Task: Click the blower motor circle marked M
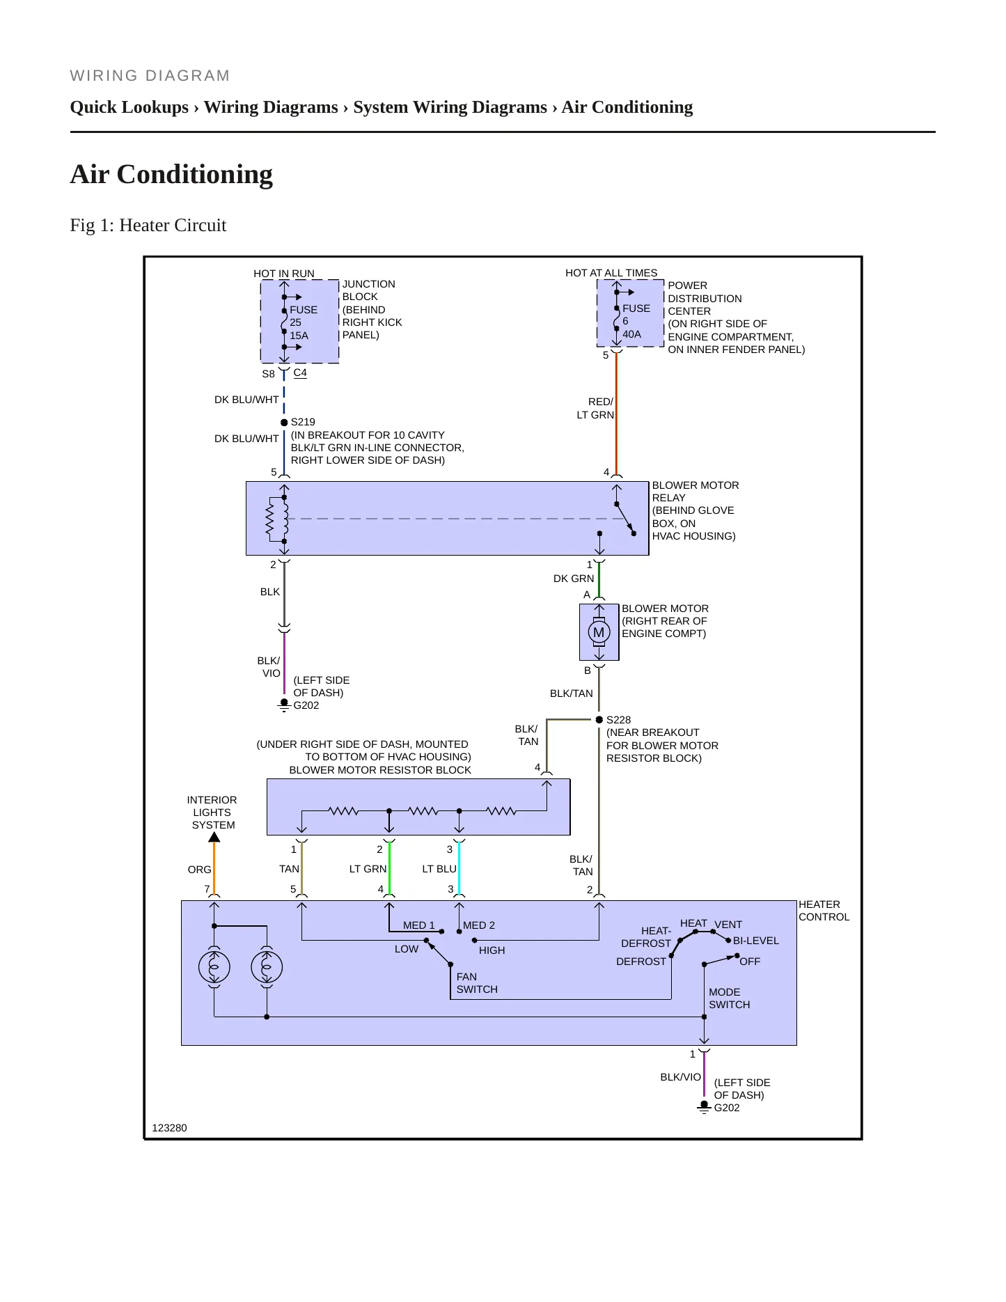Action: tap(599, 632)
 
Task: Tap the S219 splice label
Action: tap(303, 422)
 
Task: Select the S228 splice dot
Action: tap(599, 719)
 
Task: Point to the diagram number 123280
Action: tap(169, 1128)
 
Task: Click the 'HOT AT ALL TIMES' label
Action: tap(611, 273)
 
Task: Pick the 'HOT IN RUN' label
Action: tap(284, 274)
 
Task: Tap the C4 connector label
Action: tap(300, 372)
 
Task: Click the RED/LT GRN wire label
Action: tap(596, 408)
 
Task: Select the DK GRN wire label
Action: tap(574, 579)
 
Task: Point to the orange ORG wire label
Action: tap(199, 870)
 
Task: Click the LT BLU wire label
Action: tap(439, 869)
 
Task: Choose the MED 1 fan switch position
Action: tap(419, 925)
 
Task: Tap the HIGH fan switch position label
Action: tap(492, 950)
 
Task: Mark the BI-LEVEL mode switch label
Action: tap(756, 941)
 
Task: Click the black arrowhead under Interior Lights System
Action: tap(214, 838)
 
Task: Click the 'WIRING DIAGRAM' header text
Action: tap(150, 75)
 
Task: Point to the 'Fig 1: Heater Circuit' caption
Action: tap(148, 225)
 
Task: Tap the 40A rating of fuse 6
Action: tap(631, 334)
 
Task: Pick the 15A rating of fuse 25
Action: tap(299, 336)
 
